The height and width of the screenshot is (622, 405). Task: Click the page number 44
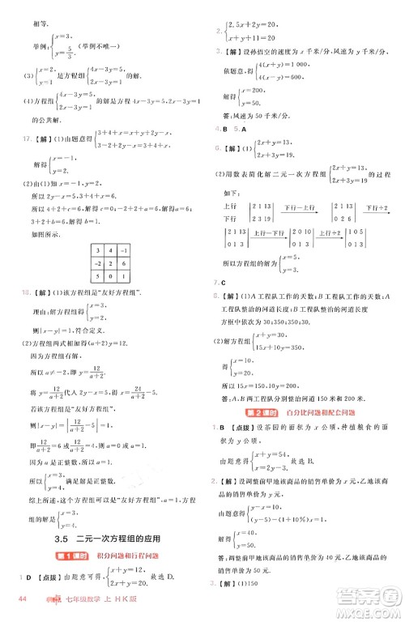(x=23, y=599)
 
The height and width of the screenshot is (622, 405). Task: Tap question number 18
(x=21, y=290)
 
